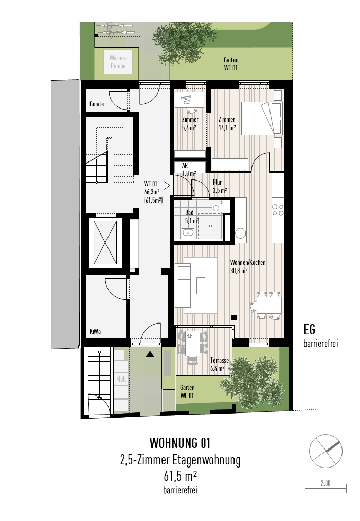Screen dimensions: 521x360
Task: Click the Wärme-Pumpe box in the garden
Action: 117,63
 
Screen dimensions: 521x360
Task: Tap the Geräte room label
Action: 96,104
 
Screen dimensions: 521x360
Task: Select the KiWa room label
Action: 95,331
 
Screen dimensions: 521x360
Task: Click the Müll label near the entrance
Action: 121,380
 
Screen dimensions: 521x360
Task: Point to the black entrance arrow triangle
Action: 150,354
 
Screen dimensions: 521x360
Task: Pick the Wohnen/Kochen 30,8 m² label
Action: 247,266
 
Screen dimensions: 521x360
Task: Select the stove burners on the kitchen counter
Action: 278,209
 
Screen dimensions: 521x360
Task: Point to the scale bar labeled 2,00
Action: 325,487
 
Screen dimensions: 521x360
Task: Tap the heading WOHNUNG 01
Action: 179,443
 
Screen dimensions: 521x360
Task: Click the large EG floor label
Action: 310,330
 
